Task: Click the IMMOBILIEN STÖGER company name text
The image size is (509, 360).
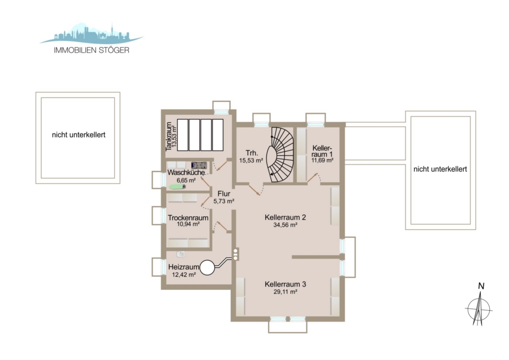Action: (92, 50)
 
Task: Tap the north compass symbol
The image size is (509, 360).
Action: (479, 307)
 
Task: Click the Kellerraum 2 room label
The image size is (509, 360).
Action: (286, 217)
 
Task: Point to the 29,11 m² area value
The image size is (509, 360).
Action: (286, 292)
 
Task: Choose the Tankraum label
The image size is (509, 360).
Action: (169, 137)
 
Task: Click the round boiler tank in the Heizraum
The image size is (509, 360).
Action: (208, 268)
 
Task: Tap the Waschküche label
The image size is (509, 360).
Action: (186, 173)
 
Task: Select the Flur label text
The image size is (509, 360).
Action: (224, 194)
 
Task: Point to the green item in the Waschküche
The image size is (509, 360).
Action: (177, 187)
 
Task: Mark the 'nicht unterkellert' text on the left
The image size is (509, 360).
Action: (79, 135)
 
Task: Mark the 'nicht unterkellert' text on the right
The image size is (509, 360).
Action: (440, 169)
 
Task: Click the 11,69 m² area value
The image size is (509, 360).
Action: (322, 160)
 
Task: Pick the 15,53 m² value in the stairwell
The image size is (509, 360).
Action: (251, 160)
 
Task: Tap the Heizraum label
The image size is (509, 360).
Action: (184, 267)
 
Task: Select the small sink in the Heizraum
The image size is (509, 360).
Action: (181, 254)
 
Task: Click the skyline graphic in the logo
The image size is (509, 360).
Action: (91, 33)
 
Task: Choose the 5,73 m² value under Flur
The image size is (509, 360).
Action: (223, 201)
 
